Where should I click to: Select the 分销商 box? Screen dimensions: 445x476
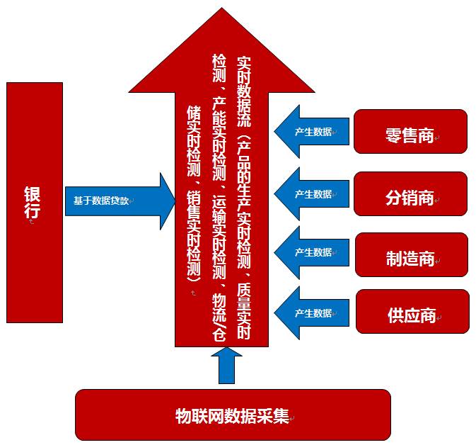point(410,194)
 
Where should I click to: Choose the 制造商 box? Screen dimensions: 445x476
point(410,255)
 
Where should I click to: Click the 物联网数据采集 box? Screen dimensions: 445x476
point(233,415)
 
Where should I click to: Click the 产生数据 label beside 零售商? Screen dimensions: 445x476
point(313,132)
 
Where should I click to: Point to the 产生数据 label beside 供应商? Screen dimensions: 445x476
point(313,313)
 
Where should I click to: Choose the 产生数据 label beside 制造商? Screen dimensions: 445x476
point(313,252)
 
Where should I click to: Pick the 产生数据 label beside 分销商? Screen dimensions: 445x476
point(313,193)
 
